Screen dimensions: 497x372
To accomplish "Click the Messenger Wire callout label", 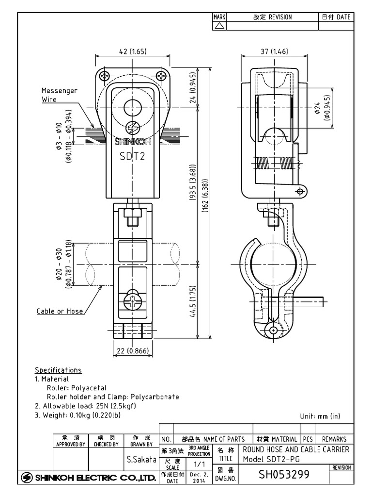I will click(59, 95).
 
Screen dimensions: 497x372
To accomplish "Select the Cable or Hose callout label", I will click(60, 311).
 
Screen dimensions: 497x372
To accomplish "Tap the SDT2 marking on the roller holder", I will click(133, 156).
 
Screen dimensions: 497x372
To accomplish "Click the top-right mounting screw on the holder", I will click(161, 75).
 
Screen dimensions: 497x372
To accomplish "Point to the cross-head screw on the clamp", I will click(133, 302).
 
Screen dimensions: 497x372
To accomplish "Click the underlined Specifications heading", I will click(58, 370).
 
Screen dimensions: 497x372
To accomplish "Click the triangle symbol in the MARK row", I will click(219, 25).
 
